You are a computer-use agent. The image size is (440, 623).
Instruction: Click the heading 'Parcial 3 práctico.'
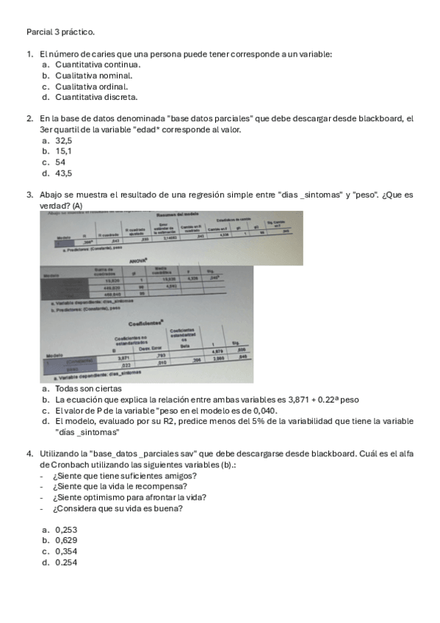point(60,32)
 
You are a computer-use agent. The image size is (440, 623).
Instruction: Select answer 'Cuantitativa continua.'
point(97,64)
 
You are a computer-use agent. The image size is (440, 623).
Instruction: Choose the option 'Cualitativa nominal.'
point(93,75)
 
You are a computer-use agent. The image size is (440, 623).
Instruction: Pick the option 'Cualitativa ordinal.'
point(91,86)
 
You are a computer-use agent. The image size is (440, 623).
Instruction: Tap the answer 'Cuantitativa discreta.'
point(96,97)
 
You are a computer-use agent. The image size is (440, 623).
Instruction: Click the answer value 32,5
point(64,140)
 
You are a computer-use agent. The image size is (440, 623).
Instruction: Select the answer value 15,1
point(63,151)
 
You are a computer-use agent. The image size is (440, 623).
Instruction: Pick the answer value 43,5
point(64,173)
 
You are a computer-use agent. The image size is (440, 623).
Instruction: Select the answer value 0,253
point(66,530)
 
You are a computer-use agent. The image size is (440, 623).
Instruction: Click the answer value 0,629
point(66,541)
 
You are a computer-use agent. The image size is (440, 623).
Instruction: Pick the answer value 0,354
point(66,552)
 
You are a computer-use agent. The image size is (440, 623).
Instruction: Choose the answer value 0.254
point(66,563)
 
